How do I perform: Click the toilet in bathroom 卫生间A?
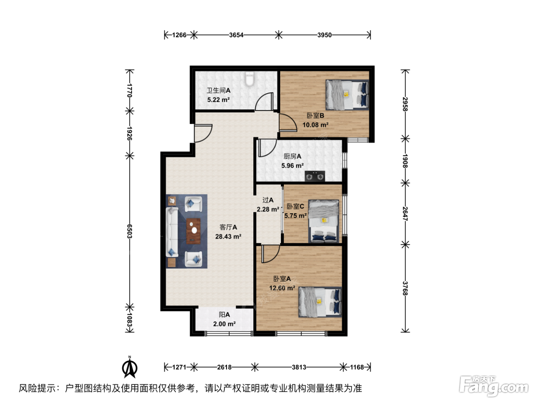click(249, 78)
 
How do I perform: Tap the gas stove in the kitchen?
click(315, 176)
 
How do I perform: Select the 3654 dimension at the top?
click(236, 35)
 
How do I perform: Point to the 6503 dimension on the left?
click(130, 231)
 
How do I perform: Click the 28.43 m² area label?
click(228, 237)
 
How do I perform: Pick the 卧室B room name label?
click(315, 116)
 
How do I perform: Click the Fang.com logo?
click(494, 387)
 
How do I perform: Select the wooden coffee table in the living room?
click(193, 231)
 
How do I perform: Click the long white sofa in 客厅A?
click(172, 232)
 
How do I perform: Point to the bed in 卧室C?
click(324, 221)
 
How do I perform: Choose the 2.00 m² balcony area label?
click(224, 324)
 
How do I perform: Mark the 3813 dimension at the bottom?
click(299, 367)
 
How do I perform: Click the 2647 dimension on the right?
click(405, 214)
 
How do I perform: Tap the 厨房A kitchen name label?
click(292, 156)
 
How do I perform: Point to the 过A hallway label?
click(268, 200)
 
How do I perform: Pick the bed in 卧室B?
click(347, 95)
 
